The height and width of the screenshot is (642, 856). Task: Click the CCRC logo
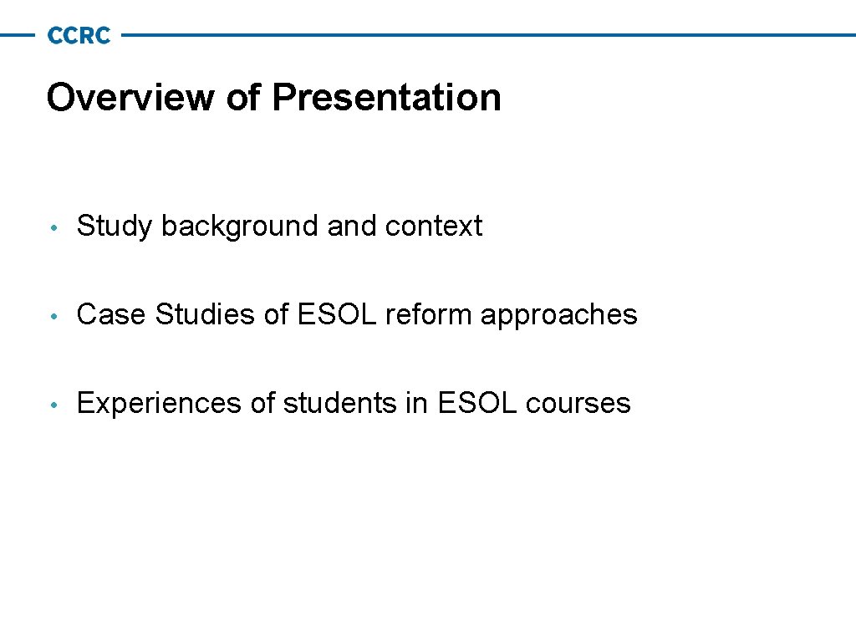pyautogui.click(x=79, y=35)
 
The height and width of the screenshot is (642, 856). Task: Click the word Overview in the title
pyautogui.click(x=130, y=97)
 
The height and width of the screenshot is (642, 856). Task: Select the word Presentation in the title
pyautogui.click(x=386, y=97)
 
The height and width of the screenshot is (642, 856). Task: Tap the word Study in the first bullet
pyautogui.click(x=115, y=226)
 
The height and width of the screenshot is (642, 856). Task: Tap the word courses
pyautogui.click(x=578, y=404)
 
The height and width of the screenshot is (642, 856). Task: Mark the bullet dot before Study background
pyautogui.click(x=53, y=227)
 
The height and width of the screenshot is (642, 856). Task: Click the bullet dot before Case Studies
pyautogui.click(x=53, y=316)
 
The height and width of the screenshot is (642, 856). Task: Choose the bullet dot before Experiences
pyautogui.click(x=53, y=405)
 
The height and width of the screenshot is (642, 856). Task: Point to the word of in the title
pyautogui.click(x=243, y=97)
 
